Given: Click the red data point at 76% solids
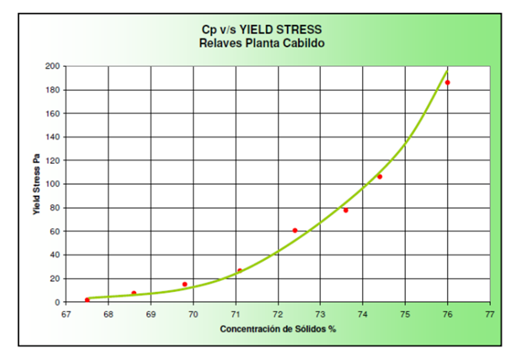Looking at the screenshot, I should [447, 83].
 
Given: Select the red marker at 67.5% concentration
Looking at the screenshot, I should [87, 300].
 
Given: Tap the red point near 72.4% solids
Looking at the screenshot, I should [295, 231].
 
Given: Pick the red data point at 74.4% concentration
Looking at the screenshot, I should [379, 177].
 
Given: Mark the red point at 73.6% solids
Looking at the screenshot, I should [346, 211].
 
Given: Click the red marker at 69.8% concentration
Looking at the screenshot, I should [185, 284].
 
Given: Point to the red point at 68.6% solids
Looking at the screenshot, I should [134, 293].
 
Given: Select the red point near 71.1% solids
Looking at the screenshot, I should [239, 271].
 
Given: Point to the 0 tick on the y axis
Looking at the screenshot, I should [57, 302].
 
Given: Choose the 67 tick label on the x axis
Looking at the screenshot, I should [66, 314].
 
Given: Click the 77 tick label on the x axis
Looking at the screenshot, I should [490, 314].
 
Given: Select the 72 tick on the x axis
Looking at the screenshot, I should [278, 314].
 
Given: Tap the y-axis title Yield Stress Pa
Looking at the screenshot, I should [38, 184].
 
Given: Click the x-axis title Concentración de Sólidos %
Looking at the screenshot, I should [278, 329].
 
